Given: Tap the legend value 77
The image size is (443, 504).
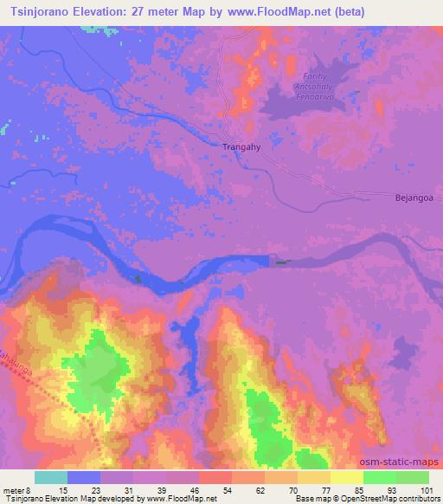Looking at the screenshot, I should click(316, 490).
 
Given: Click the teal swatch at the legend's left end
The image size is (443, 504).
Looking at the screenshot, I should click(51, 477).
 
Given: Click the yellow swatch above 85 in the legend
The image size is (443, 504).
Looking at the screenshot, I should click(347, 477).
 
